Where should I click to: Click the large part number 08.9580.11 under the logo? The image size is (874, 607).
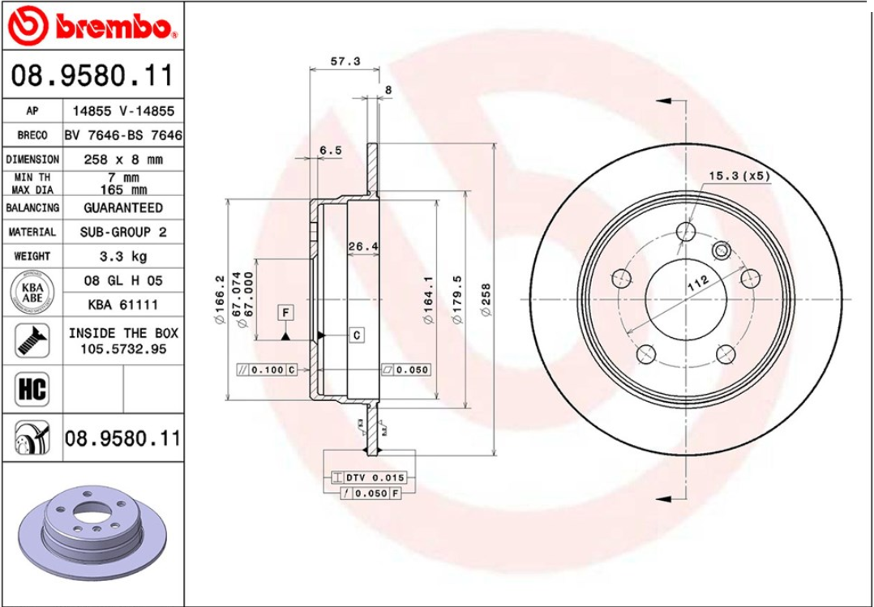pyautogui.click(x=92, y=77)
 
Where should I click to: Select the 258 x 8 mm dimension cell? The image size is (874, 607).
pyautogui.click(x=123, y=160)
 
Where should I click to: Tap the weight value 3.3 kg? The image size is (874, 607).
pyautogui.click(x=123, y=256)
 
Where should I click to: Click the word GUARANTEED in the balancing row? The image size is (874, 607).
pyautogui.click(x=123, y=207)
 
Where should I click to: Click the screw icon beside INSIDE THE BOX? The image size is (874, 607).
pyautogui.click(x=32, y=340)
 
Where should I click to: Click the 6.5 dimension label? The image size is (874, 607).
pyautogui.click(x=330, y=150)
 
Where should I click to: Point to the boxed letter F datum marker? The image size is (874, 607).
pyautogui.click(x=286, y=311)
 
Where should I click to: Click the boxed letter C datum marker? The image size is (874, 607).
pyautogui.click(x=357, y=334)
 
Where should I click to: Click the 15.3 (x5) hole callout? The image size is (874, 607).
pyautogui.click(x=739, y=176)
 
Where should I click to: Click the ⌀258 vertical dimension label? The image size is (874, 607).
pyautogui.click(x=486, y=300)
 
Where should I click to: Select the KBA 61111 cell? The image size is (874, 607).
pyautogui.click(x=123, y=305)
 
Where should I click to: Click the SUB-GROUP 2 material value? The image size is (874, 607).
pyautogui.click(x=123, y=232)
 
